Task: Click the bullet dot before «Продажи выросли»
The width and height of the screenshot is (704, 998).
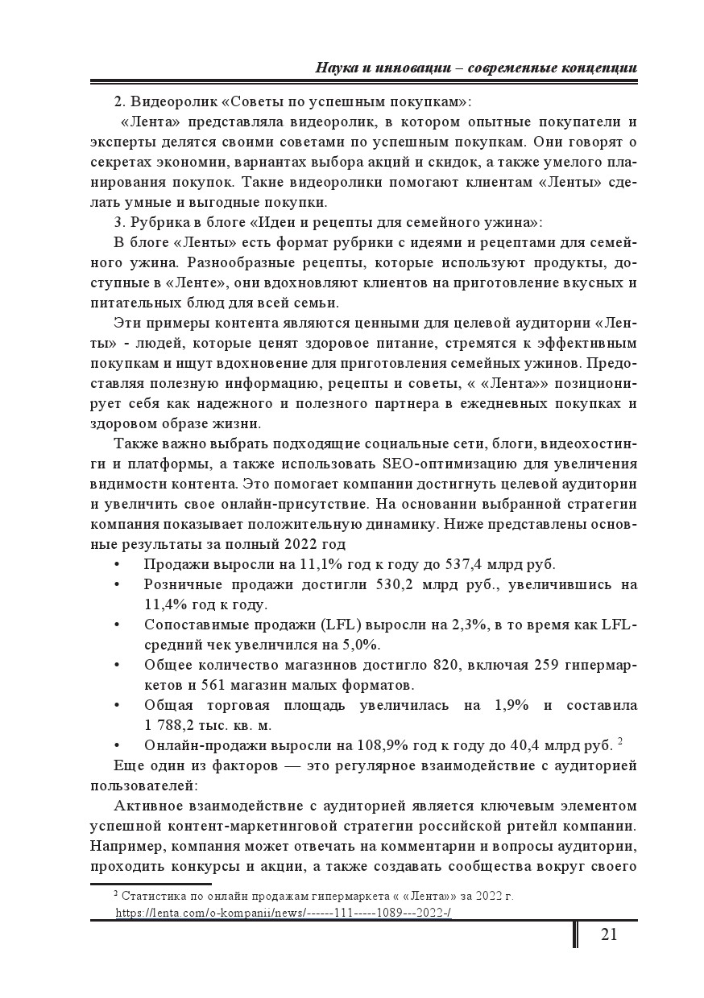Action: click(118, 564)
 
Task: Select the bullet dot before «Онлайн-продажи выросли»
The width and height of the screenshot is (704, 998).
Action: click(118, 745)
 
